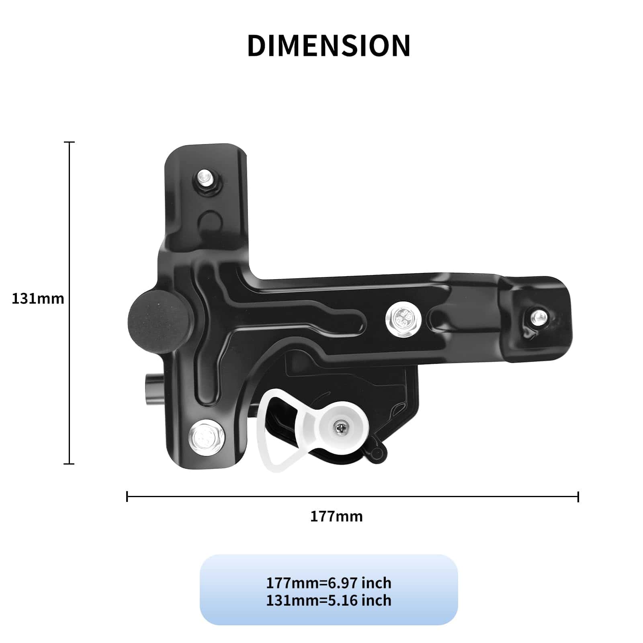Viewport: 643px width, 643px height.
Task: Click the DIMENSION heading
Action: pos(329,45)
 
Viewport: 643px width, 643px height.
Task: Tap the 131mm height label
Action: pos(38,299)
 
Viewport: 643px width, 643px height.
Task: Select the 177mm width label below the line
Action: pos(336,516)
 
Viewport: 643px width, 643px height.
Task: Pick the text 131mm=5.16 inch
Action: pos(329,600)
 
